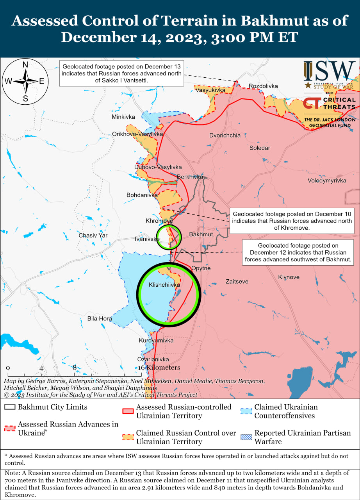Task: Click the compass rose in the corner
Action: (25, 81)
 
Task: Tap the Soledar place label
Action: (260, 148)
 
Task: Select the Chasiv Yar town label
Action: (93, 235)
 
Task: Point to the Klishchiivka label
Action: (164, 285)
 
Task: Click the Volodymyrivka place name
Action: (327, 180)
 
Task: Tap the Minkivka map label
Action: (123, 117)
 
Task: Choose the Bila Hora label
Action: (100, 318)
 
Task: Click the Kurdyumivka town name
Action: (156, 340)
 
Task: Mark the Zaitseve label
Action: (237, 281)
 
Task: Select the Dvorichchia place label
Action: (225, 135)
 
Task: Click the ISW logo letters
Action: (330, 71)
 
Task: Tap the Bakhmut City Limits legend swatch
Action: (10, 407)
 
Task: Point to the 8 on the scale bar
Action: (75, 368)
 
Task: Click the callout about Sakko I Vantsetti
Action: (121, 73)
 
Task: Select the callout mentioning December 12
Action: (298, 252)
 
